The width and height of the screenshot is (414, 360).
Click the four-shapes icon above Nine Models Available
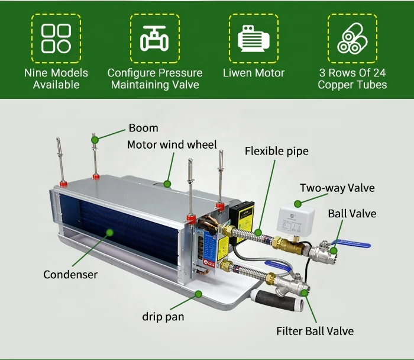[x=56, y=38]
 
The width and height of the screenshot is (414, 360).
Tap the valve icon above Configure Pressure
[x=154, y=38]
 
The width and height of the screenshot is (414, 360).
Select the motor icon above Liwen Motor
[x=253, y=38]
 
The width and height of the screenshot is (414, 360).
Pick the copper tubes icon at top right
[x=352, y=38]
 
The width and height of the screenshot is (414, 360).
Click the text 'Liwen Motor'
[x=253, y=73]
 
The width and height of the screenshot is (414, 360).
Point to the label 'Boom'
[x=143, y=128]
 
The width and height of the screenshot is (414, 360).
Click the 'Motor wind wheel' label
[x=172, y=144]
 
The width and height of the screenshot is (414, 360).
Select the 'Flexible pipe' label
[x=276, y=151]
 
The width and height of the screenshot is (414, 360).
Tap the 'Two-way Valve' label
[x=337, y=188]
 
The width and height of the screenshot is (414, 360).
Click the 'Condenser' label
[x=70, y=274]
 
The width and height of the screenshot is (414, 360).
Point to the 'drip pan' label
[x=163, y=317]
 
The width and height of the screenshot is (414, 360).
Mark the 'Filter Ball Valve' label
[x=315, y=330]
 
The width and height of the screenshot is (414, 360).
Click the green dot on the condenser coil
[x=108, y=233]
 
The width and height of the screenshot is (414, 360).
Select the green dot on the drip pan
[x=199, y=294]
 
